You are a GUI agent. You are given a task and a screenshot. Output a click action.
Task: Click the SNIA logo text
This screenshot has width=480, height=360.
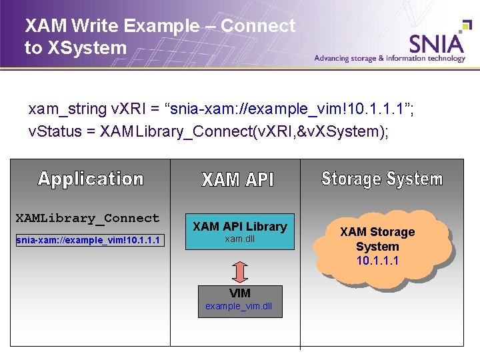click(437, 43)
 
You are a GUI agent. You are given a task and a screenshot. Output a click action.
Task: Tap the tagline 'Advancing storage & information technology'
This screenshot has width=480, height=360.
click(389, 58)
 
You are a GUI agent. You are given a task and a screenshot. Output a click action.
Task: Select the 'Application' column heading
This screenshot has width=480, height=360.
click(91, 179)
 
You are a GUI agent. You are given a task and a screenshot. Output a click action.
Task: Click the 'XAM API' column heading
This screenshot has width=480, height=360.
click(237, 179)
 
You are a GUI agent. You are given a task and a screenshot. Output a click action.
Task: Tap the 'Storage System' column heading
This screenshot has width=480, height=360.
click(382, 179)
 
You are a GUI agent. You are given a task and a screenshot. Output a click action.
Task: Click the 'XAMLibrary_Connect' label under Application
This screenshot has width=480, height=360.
click(87, 218)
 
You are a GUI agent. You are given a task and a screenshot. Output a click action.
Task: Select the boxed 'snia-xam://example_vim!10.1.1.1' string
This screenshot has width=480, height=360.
click(88, 240)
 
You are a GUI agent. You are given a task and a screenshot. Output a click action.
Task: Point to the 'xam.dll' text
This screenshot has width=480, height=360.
click(240, 239)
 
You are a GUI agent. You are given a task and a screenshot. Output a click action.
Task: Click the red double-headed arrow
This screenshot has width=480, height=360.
click(241, 271)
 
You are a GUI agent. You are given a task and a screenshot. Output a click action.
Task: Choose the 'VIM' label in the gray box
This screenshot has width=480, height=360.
click(240, 293)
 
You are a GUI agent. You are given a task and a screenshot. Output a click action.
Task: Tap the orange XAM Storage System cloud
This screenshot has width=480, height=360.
click(377, 245)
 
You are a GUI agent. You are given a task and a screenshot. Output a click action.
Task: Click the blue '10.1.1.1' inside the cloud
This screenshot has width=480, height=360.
click(377, 261)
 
